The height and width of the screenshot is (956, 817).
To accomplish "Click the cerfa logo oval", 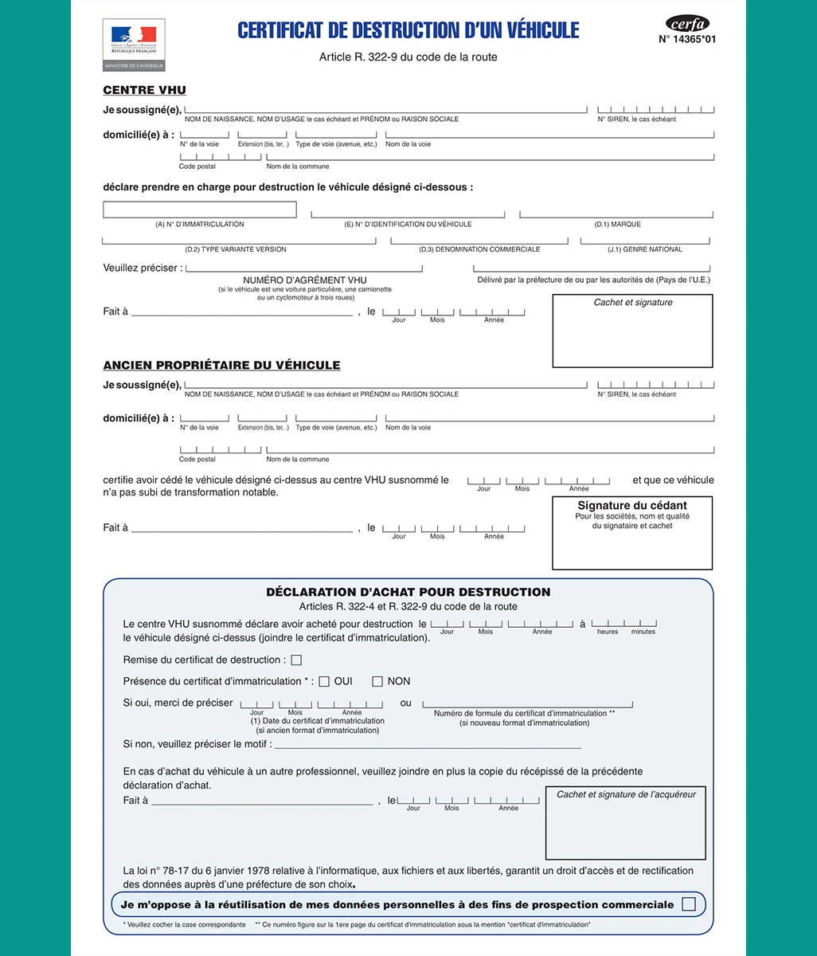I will (686, 24).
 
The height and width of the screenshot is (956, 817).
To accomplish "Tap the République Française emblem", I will (134, 45).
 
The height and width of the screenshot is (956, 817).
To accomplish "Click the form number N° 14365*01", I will (686, 39).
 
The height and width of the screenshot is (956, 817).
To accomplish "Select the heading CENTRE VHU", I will (144, 90).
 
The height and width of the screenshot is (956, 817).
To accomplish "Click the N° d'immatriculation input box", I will (200, 210).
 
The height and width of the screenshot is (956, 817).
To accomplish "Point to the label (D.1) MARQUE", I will (617, 225).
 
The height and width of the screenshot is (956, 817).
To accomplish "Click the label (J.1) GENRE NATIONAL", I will (645, 249).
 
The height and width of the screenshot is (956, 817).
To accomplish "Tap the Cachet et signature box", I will (632, 331).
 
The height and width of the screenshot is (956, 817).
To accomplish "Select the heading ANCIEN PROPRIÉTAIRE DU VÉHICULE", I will (221, 365).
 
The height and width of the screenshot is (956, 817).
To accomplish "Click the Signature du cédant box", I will (632, 534).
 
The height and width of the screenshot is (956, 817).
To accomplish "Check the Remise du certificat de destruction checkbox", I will (296, 660).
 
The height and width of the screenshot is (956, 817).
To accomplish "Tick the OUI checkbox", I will (324, 681).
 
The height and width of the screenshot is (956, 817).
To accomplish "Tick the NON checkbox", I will (377, 681).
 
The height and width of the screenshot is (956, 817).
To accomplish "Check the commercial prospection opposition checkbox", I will (689, 904).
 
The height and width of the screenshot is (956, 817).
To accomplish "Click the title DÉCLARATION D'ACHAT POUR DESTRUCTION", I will (408, 592).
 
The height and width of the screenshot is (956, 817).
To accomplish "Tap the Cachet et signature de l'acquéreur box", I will (626, 824).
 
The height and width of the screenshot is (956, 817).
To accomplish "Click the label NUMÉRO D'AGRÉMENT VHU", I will (305, 280).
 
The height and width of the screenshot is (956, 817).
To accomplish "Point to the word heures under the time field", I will (608, 632).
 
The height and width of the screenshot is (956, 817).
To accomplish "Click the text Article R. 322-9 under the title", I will (408, 57).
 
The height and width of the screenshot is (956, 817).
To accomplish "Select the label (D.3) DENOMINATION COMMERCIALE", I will (479, 249).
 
